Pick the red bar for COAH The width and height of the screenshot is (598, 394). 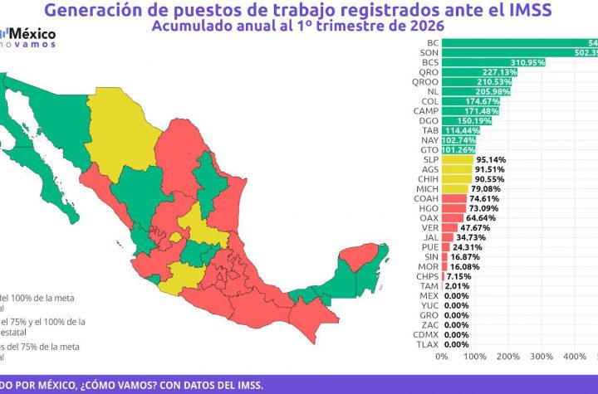tap(453, 199)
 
